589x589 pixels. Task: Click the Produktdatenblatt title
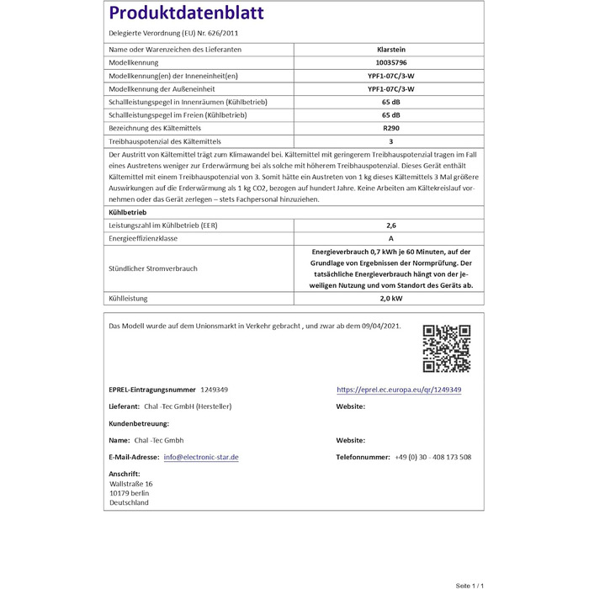tap(186, 13)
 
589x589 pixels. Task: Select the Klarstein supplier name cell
tap(390, 50)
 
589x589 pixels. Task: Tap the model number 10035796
tap(390, 63)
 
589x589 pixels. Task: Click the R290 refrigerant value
tap(390, 127)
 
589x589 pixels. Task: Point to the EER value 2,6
tap(390, 226)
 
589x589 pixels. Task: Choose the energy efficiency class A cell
tap(390, 239)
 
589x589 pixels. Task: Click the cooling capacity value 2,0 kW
tap(390, 299)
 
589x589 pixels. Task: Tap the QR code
tap(446, 348)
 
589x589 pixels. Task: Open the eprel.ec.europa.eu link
tap(399, 390)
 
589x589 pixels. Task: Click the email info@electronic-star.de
tap(201, 457)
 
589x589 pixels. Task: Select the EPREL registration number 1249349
tap(214, 390)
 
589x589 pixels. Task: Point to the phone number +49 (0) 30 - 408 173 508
tap(432, 457)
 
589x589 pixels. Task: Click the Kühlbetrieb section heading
tap(128, 213)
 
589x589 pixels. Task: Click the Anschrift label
tap(125, 474)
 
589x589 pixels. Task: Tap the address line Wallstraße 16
tap(131, 484)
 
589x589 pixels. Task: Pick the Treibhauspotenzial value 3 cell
tap(390, 141)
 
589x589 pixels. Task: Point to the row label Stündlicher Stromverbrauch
tap(153, 268)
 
